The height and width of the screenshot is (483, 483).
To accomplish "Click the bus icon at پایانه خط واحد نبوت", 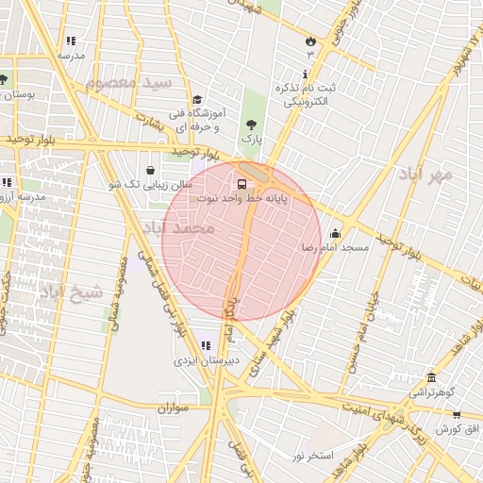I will click(x=242, y=183).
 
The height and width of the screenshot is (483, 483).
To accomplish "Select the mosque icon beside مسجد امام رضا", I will click(x=336, y=232).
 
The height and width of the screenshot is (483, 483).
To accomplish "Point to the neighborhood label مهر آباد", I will click(x=425, y=175).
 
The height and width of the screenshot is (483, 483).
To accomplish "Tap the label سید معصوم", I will click(x=128, y=82).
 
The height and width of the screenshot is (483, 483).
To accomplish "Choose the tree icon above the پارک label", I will click(x=251, y=124).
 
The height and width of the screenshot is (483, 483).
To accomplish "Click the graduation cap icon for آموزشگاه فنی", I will click(x=196, y=100).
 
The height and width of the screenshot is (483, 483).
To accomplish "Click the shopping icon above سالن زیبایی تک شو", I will click(x=151, y=170).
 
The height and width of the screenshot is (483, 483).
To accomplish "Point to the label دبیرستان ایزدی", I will click(x=206, y=360).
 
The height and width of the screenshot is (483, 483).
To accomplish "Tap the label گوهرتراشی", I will click(x=432, y=391).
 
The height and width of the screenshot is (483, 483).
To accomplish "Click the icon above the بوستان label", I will click(x=4, y=79).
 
